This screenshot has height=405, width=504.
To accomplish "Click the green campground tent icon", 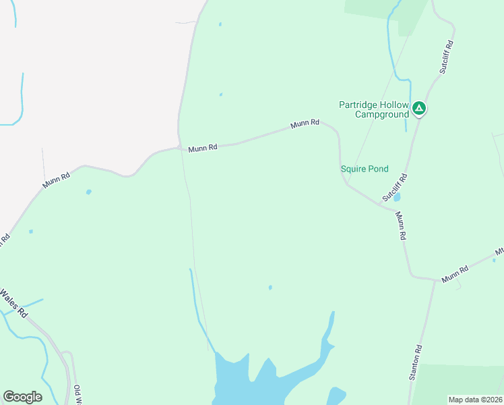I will tap(419, 107).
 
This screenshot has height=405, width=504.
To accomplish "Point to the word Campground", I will tap(382, 115).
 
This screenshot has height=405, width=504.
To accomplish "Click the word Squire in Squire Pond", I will tap(354, 169).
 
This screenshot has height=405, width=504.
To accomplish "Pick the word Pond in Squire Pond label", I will tap(378, 169).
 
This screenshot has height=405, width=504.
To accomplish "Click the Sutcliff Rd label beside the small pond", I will tap(396, 188).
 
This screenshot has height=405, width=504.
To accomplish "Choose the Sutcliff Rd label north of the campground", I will tap(447, 57).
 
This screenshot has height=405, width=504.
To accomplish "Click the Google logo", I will tap(22, 397).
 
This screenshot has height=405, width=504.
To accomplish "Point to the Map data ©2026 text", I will tap(475, 400).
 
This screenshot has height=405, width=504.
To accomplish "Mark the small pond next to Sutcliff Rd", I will tap(397, 198).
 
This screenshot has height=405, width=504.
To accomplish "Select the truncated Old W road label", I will tap(77, 394).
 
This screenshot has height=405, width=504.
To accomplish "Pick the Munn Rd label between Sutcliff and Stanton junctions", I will tap(401, 226).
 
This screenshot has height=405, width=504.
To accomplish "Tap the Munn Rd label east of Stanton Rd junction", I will tap(455, 274).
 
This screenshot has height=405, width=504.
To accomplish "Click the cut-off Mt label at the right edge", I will tap(499, 254).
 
